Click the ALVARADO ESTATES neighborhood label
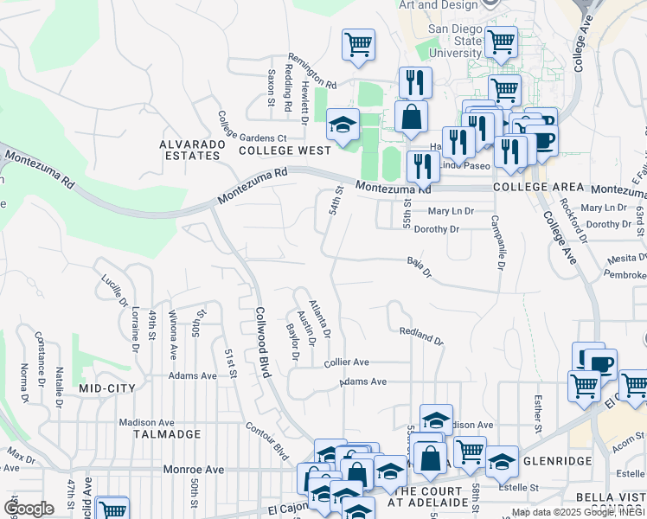[190, 150]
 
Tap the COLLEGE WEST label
[285, 151]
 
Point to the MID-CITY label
[107, 388]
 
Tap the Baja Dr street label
[419, 266]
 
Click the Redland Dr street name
[421, 336]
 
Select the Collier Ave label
[347, 362]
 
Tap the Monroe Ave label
[193, 470]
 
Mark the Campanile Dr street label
[497, 243]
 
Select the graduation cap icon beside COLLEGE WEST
[343, 125]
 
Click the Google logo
[29, 509]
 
